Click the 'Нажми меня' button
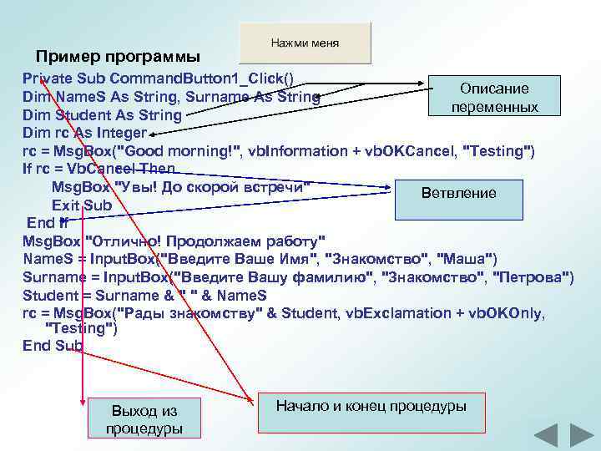click(x=305, y=43)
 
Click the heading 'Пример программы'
click(x=118, y=58)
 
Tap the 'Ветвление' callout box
click(x=458, y=194)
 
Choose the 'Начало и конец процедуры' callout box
click(x=371, y=408)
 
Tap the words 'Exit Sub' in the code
click(x=81, y=205)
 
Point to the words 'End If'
click(x=48, y=223)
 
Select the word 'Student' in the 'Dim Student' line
click(x=79, y=115)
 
